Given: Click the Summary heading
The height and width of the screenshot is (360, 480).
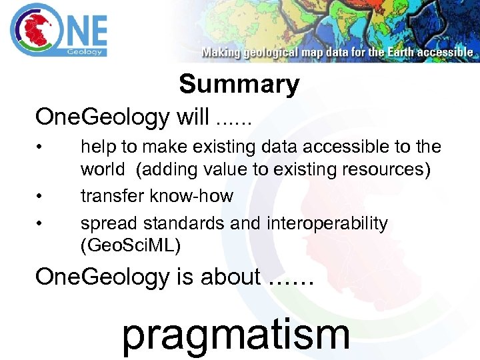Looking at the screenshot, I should pos(239,85).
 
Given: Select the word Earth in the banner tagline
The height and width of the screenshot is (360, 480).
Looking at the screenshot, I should pos(399,52).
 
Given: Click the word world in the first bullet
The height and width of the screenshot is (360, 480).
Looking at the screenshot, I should pos(102,169).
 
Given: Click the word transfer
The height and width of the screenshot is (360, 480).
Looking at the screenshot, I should pos(109,196).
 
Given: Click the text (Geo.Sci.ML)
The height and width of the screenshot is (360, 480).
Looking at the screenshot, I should pos(130,246).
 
